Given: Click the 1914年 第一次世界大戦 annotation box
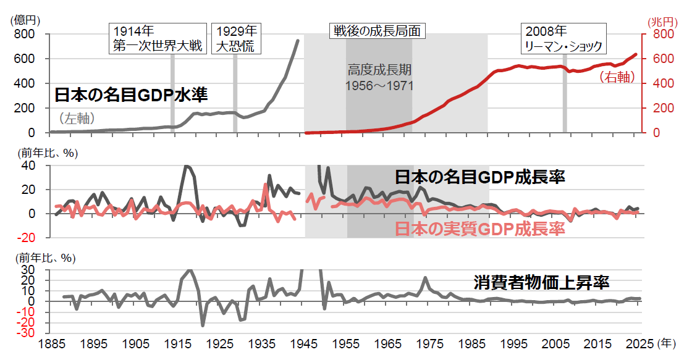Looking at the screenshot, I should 158,38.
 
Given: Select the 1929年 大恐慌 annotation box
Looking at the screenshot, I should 235,38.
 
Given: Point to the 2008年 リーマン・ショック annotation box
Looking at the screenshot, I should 562,38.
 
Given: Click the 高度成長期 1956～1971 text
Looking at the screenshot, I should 379,77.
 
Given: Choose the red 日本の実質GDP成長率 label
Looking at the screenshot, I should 479,230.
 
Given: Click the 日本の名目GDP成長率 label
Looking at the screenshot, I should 480,178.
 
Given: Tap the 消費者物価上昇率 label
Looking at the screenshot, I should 542,283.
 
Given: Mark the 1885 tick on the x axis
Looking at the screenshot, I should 50,343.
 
